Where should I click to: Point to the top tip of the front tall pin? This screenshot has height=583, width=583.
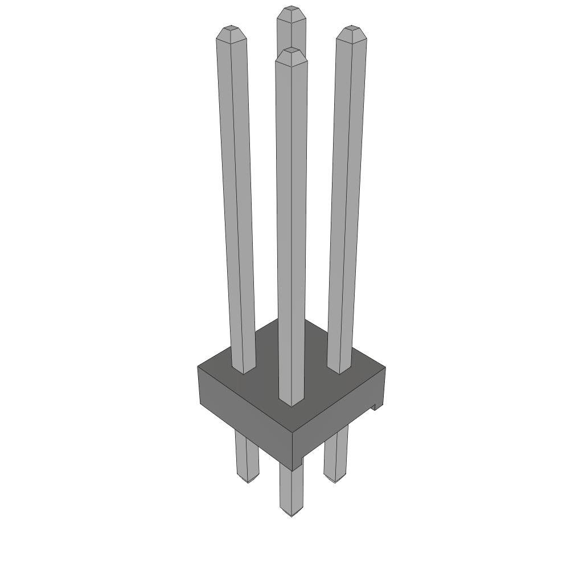point(291,52)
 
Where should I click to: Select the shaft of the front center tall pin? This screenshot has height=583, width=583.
point(291,228)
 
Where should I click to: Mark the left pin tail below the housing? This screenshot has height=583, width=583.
point(247,455)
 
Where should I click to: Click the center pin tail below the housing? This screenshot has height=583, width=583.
point(291,490)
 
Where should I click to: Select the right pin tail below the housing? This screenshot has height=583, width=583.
point(336,455)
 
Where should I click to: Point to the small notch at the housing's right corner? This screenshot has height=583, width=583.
point(375,407)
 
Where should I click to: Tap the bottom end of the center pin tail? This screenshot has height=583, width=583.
point(291,514)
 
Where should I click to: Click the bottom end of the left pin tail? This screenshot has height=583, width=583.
point(248,481)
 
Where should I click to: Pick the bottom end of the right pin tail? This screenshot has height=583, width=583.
point(335,481)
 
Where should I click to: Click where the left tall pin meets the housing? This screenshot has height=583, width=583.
point(244,371)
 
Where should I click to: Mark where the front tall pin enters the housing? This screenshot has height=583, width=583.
point(291,403)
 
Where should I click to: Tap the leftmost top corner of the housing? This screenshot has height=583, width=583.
point(199,367)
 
